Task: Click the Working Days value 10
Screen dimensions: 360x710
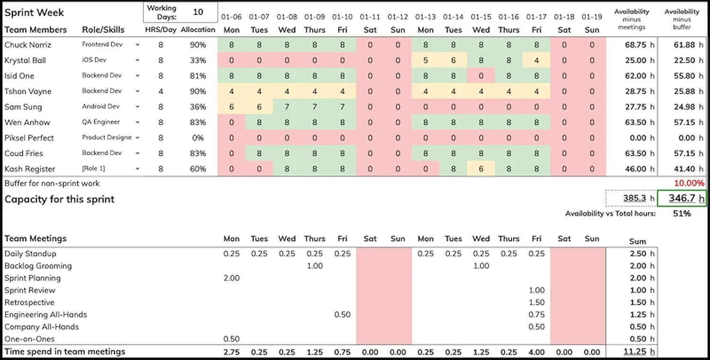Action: [198, 12]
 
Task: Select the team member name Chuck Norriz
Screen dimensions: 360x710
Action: [28, 45]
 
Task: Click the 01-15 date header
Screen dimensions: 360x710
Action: [481, 17]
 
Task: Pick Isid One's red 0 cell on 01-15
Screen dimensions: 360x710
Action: [481, 76]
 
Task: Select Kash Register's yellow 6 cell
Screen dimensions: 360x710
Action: [481, 169]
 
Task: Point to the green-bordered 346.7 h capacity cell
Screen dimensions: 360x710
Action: [682, 199]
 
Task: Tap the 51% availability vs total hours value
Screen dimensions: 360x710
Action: [682, 213]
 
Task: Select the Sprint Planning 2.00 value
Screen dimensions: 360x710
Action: [231, 278]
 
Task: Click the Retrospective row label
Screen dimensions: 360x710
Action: [29, 302]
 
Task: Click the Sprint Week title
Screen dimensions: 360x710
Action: [34, 12]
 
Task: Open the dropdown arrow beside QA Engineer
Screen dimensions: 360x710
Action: [137, 123]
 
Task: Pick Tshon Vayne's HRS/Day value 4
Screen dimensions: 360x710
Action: [161, 91]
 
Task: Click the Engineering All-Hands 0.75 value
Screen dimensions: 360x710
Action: [536, 315]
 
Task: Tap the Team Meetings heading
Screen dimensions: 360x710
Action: [35, 238]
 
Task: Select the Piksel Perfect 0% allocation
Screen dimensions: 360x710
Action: [197, 138]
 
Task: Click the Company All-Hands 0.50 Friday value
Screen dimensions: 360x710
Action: [536, 327]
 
